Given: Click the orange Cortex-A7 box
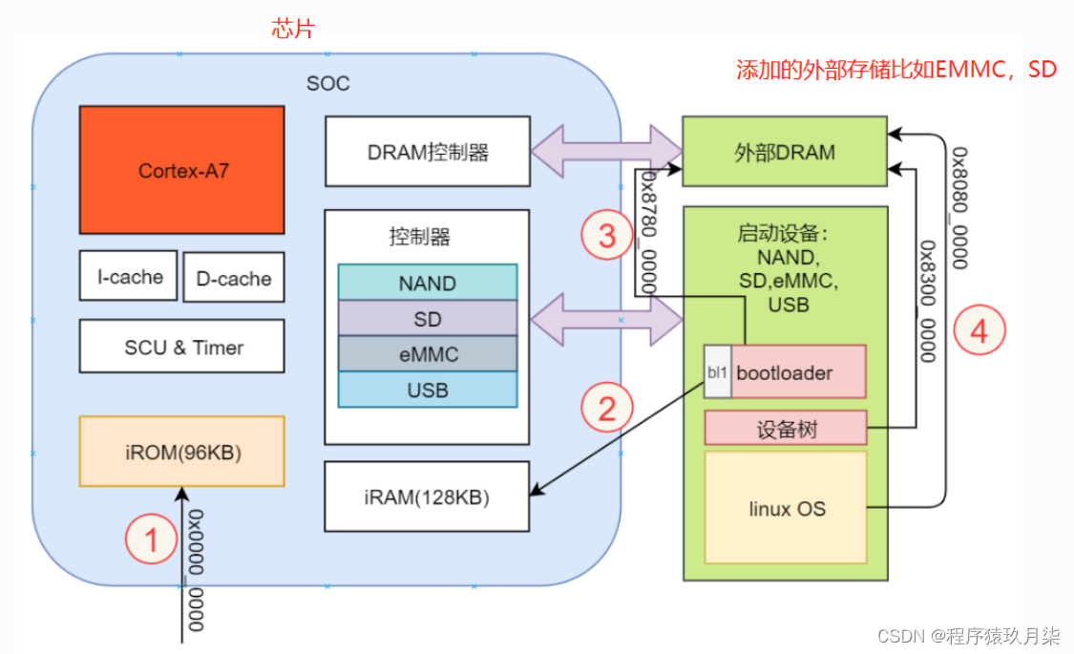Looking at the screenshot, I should (182, 170).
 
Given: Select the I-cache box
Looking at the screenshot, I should (129, 276).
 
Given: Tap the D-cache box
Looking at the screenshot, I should (234, 278).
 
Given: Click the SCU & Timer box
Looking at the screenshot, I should (182, 347).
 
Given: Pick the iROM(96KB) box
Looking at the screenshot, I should (182, 452).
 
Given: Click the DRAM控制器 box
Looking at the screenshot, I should (427, 151).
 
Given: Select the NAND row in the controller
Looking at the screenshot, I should (427, 283).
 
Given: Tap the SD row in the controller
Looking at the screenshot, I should (427, 318).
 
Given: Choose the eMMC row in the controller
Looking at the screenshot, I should (427, 354).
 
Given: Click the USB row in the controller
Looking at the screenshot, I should (427, 390).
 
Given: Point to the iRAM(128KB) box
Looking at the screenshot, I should (427, 496).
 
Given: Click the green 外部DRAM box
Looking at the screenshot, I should (785, 152).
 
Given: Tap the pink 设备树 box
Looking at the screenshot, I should (785, 429).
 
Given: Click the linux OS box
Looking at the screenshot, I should (785, 508).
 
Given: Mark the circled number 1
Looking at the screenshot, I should (151, 540).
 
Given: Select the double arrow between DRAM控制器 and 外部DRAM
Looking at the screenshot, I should (606, 151).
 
